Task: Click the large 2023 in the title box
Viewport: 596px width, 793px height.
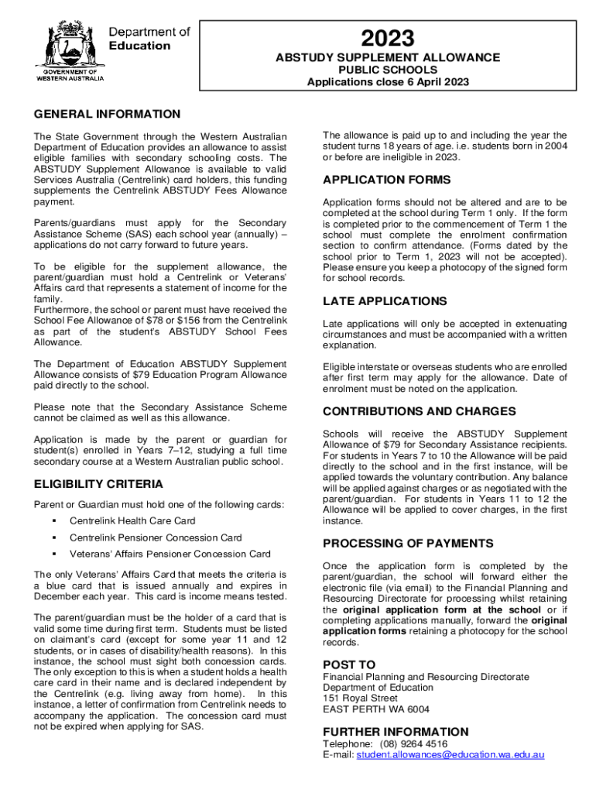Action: coord(388,38)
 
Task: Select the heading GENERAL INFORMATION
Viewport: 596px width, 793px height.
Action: coord(107,114)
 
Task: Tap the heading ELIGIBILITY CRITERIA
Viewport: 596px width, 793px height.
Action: coord(100,485)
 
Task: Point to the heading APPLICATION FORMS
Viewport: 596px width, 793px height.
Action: coord(386,180)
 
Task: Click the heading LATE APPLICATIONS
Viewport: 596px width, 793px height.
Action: coord(385,300)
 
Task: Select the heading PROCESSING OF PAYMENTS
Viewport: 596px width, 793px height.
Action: coord(408,543)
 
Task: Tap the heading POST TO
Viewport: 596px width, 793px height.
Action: coord(349,664)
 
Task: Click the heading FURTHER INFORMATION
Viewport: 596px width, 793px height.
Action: coord(396,732)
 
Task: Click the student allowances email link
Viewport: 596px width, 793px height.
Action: coord(450,755)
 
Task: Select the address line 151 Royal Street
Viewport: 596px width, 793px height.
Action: coord(361,699)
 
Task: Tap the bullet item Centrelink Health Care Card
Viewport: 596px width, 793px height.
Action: coord(132,521)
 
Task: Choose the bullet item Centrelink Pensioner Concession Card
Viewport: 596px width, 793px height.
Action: coord(156,537)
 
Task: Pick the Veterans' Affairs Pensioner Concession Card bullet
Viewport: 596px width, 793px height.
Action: coord(170,554)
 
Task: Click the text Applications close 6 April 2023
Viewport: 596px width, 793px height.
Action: coord(388,82)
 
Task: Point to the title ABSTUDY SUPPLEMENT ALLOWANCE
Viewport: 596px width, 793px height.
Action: coord(388,57)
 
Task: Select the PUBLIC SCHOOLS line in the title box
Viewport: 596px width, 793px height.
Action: coord(388,70)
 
